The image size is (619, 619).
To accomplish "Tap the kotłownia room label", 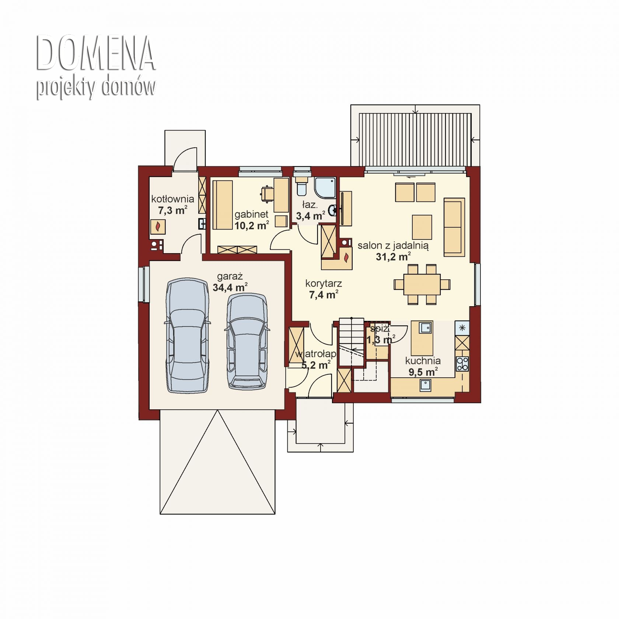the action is click(x=172, y=199).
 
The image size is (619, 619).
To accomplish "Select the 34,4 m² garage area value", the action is click(x=230, y=287).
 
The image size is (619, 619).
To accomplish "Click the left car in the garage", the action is click(x=188, y=335).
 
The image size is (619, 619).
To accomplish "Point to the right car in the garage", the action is click(x=246, y=341).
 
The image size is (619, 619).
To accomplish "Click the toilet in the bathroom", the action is click(x=301, y=186).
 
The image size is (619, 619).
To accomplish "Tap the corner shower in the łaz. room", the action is click(x=325, y=188).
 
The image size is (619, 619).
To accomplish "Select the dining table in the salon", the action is click(x=422, y=284).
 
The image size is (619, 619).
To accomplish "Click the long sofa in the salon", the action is click(x=454, y=227).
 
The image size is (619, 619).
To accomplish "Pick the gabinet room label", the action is click(x=251, y=214).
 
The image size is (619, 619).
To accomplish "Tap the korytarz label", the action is click(x=324, y=283).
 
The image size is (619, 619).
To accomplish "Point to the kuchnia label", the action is click(x=423, y=361).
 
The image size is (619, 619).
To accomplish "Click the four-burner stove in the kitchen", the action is click(x=462, y=364).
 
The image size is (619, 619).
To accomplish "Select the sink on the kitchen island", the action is click(x=426, y=327).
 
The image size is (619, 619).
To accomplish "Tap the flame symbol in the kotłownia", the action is click(x=158, y=227).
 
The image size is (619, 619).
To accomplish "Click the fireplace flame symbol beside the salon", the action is click(x=346, y=258).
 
